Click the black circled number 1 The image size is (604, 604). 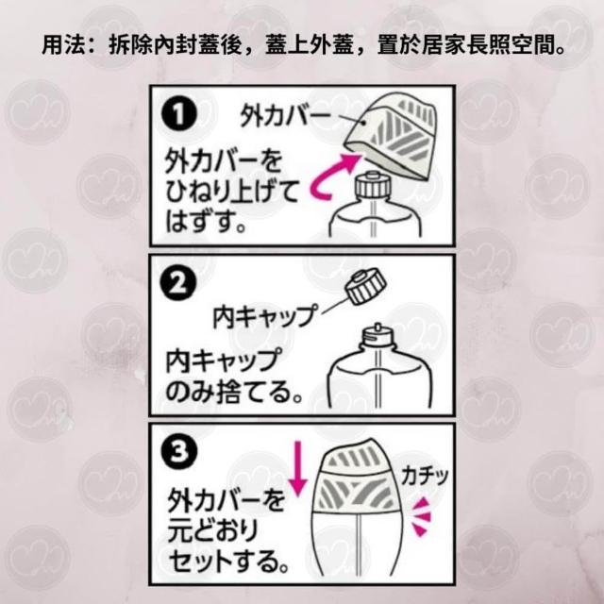point(179,114)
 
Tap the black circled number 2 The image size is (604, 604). point(178,283)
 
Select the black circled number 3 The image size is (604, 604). point(179,451)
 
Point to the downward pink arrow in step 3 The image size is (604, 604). point(298,469)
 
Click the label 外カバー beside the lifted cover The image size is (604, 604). point(285,114)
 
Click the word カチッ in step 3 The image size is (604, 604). point(425,476)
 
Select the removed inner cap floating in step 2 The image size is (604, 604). point(366,287)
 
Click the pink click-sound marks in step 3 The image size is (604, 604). point(421,516)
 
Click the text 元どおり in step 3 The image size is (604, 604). point(212,530)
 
